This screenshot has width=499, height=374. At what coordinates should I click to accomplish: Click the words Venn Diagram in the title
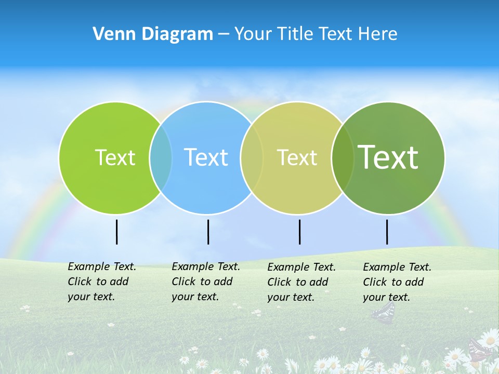[153, 34]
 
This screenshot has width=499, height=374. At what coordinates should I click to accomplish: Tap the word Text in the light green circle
[115, 157]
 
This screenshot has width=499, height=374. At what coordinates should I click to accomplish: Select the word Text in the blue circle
[206, 157]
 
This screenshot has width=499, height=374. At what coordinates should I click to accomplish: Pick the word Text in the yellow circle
[297, 157]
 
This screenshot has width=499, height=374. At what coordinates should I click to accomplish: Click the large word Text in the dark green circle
[388, 157]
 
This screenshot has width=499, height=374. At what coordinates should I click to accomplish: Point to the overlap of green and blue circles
[161, 157]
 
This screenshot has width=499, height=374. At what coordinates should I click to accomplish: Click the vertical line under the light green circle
[116, 232]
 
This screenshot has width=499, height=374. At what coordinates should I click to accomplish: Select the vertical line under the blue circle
[208, 232]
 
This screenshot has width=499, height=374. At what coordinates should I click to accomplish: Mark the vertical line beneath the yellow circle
[299, 232]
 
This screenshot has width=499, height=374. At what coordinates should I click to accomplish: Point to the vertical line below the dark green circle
[387, 232]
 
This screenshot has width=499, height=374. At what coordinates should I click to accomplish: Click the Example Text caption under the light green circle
[102, 282]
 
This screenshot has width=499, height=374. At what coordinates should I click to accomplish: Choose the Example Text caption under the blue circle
[206, 282]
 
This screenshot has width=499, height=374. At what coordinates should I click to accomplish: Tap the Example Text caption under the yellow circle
[301, 282]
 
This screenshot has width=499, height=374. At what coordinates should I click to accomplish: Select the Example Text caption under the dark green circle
[397, 282]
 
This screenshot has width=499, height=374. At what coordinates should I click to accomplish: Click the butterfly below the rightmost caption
[384, 312]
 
